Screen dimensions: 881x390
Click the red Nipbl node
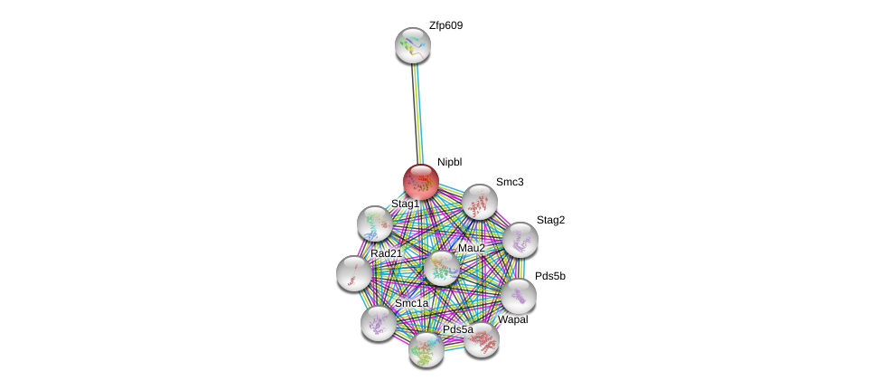pos(421,181)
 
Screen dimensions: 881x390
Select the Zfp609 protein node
pos(413,45)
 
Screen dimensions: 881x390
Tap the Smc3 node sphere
pos(479,202)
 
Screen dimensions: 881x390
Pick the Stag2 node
pos(520,240)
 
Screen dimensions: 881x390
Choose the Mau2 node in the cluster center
pos(442,268)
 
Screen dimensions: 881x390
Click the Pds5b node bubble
pos(518,296)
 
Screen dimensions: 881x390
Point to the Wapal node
pos(482,340)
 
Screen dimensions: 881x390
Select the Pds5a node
pos(426,349)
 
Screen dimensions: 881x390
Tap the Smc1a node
pos(378,323)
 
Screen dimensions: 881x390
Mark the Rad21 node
pos(354,273)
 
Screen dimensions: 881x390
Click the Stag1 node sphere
pos(375,224)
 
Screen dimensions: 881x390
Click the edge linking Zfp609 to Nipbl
pos(417,114)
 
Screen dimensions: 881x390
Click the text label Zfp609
pos(446,26)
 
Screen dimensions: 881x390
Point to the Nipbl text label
pos(449,163)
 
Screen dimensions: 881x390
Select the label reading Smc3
pos(510,183)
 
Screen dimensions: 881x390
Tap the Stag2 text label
pos(550,220)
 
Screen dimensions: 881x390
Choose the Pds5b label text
pos(550,276)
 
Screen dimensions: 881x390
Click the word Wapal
pos(513,320)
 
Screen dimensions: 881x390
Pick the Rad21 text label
pos(386,253)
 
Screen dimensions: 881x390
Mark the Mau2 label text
pos(472,248)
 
